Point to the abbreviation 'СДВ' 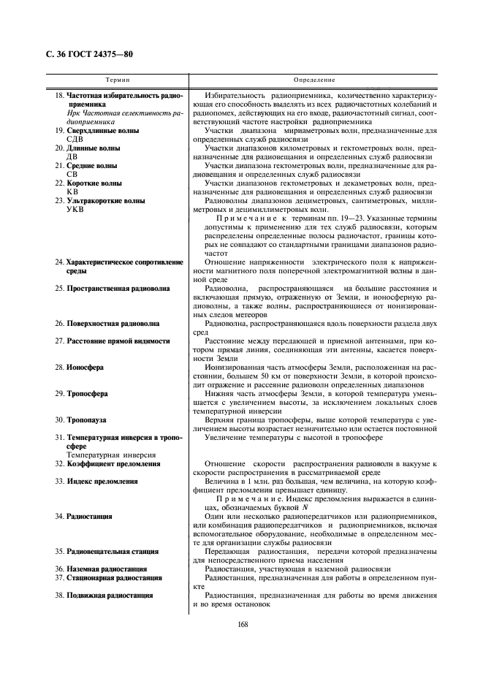pyautogui.click(x=75, y=139)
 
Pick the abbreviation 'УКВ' pyautogui.click(x=76, y=209)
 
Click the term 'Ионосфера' pyautogui.click(x=85, y=367)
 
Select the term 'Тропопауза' pyautogui.click(x=87, y=419)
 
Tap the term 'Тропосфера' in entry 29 pyautogui.click(x=87, y=393)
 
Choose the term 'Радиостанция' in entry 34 pyautogui.click(x=89, y=516)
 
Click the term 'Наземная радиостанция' pyautogui.click(x=107, y=569)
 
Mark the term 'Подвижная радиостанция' pyautogui.click(x=109, y=595)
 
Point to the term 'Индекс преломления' pyautogui.click(x=102, y=481)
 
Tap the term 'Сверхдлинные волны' pyautogui.click(x=102, y=130)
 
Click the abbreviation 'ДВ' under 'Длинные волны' pyautogui.click(x=72, y=156)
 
